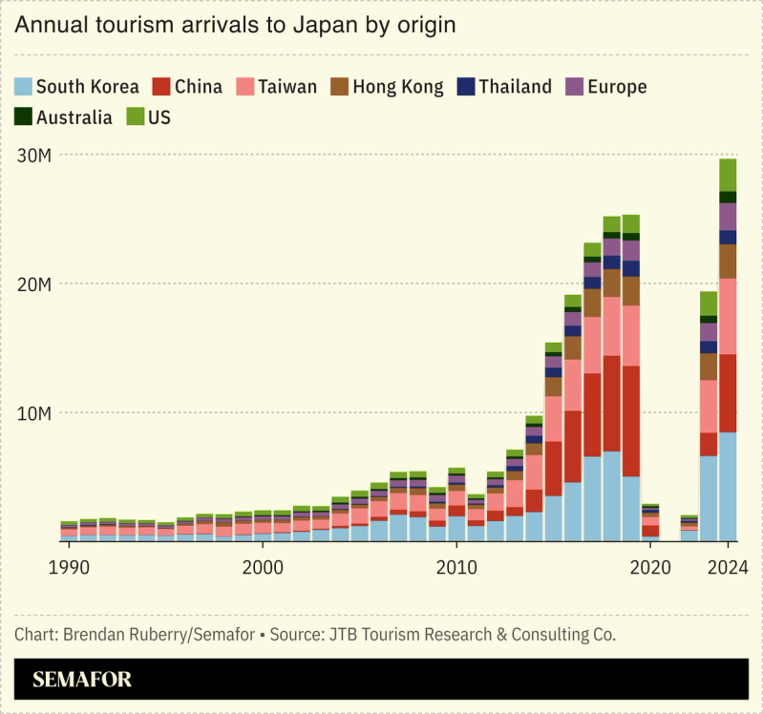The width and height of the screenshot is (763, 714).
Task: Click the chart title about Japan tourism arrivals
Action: point(234,26)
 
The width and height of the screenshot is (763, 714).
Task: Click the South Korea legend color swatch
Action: point(23,87)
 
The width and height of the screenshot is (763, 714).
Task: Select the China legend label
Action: point(199,87)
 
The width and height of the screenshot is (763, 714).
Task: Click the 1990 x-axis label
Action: point(68,567)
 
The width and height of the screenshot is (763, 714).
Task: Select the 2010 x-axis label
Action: point(456,567)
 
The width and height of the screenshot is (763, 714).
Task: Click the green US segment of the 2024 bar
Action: point(728,175)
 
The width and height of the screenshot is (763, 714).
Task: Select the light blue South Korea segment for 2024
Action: point(728,487)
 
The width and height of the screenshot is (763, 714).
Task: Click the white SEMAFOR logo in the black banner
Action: point(82,680)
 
